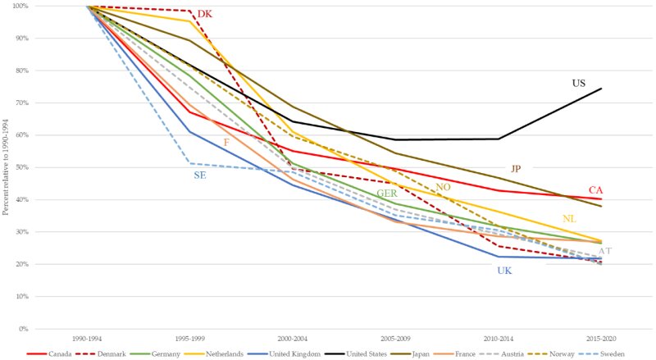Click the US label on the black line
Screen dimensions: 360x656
coord(579,84)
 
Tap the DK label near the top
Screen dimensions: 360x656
coord(204,14)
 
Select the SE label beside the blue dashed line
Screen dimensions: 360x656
coord(200,175)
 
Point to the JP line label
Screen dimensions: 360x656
coord(516,168)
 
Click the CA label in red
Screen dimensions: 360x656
coord(595,190)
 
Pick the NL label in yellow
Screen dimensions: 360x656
coord(569,218)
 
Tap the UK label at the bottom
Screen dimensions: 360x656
coord(504,270)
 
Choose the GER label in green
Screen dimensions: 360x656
coord(387,194)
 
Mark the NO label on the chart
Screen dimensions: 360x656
coord(443,187)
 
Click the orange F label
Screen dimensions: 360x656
coord(226,143)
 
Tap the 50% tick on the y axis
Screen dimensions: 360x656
coord(20,167)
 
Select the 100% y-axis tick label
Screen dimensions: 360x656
coord(18,6)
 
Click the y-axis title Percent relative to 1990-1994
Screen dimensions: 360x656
coord(6,166)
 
